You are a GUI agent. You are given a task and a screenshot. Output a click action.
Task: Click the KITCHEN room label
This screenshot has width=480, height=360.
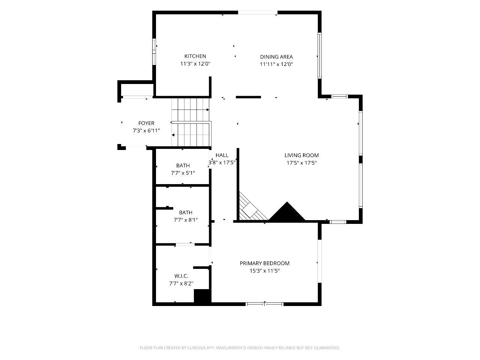pos(195,56)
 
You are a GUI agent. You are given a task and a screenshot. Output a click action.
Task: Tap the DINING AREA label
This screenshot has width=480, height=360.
pos(276,57)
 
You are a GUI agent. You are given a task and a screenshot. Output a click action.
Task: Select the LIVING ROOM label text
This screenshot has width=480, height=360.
pos(301,155)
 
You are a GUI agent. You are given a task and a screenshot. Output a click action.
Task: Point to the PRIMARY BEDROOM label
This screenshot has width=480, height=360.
pos(264,263)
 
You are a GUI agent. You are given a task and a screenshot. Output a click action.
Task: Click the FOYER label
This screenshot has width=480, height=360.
pos(146,123)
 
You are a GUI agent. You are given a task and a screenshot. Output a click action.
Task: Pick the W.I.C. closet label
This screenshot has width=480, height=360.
pos(181,276)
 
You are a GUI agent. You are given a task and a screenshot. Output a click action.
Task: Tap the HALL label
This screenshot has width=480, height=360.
pos(222,155)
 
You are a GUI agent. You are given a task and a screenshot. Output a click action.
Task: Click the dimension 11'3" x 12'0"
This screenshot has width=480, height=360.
pos(195,64)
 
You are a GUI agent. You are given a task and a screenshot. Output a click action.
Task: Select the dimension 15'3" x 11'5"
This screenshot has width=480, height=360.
pos(265,271)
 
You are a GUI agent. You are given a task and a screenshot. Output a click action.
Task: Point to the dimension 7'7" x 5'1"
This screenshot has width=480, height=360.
pos(183,173)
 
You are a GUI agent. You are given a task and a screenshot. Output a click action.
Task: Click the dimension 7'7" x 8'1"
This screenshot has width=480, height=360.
pos(186,220)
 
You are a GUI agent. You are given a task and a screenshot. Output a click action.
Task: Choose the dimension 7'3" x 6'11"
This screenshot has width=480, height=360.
pos(146,131)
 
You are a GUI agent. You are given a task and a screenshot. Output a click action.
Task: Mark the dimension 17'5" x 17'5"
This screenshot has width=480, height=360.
pos(301,163)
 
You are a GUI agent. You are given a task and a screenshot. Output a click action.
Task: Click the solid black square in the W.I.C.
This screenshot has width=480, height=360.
pos(202,296)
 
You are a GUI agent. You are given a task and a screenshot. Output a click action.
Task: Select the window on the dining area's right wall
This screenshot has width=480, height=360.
pos(320,55)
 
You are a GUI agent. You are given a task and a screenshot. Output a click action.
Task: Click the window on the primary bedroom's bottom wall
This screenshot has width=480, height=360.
pos(264,304)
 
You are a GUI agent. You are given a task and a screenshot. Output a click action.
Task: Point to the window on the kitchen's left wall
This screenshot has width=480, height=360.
pos(154,52)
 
